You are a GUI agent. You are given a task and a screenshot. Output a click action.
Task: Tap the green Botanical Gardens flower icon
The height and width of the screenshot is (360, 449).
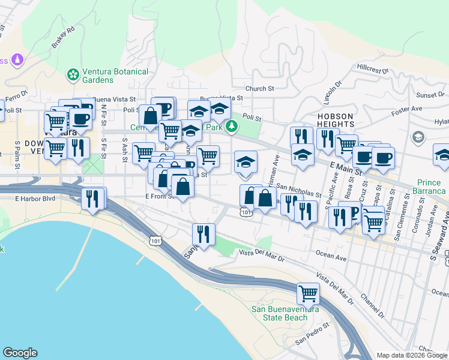[74, 75]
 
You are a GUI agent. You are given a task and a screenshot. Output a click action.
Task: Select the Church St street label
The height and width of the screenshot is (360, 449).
[259, 88]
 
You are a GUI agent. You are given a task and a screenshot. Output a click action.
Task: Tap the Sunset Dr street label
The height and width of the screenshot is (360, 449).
[431, 95]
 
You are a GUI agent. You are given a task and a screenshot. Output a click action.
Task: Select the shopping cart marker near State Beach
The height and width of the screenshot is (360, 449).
[308, 294]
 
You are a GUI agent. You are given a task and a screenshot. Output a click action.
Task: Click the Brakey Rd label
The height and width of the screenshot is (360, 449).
[62, 37]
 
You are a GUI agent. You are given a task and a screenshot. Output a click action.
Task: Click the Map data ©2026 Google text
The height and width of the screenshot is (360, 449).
[412, 355]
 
